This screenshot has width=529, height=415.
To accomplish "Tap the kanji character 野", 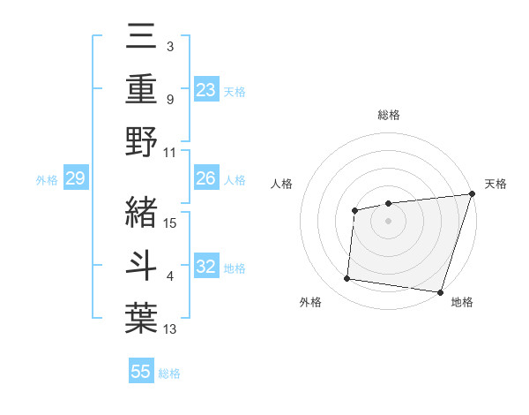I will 142,141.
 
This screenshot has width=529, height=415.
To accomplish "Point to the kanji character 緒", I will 142,211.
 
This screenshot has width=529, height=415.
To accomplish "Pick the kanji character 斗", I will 142,265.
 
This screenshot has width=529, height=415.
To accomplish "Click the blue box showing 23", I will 205,89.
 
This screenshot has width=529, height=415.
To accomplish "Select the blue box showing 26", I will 205,178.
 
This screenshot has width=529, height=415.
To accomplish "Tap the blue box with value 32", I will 205,268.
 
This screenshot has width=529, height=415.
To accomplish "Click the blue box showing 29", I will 75,178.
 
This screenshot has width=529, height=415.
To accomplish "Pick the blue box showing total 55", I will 141,372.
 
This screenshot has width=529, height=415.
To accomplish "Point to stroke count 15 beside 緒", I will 171,223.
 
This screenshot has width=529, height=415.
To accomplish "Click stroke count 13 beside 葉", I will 171,330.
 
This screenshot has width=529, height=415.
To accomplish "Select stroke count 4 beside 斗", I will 170,277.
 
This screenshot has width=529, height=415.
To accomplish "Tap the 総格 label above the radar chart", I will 389,115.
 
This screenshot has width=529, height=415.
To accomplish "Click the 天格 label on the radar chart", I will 495,184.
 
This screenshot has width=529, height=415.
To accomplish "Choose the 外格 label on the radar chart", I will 309,302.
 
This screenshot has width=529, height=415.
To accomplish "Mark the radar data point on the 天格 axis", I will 472,193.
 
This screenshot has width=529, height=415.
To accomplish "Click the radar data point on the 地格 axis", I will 441,291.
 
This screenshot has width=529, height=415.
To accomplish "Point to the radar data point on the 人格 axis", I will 354,210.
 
